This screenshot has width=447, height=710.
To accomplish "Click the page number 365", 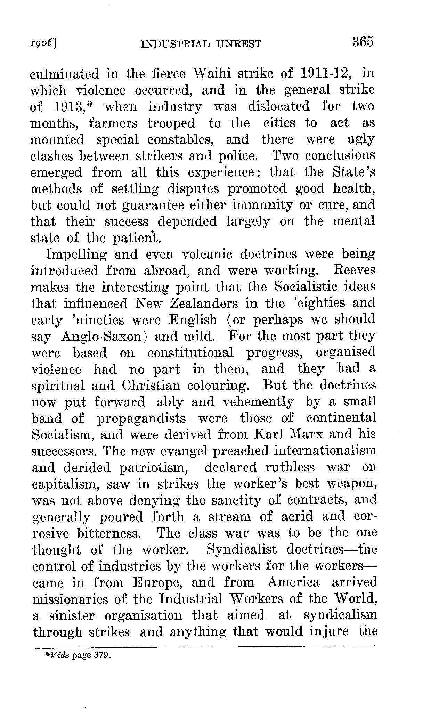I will click(x=363, y=42).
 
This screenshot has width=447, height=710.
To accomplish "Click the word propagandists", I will click(x=141, y=418).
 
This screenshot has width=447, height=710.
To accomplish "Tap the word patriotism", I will click(x=154, y=468).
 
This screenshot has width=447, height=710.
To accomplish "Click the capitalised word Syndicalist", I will click(x=242, y=550).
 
